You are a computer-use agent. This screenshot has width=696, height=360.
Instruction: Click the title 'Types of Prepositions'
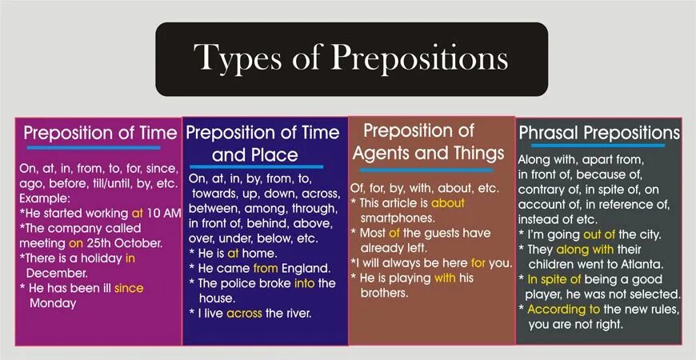tap(350, 58)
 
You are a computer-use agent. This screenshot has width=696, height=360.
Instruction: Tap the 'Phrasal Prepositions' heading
tap(599, 132)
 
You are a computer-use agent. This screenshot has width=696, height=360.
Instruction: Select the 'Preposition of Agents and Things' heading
tap(430, 142)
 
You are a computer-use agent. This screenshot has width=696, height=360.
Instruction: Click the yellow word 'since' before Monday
tap(129, 288)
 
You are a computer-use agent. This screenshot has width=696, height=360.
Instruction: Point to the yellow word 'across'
tap(244, 313)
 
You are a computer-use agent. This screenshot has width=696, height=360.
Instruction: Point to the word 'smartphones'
tap(398, 218)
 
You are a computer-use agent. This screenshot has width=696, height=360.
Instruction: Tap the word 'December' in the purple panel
tap(57, 272)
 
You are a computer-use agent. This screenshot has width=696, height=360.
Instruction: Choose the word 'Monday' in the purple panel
tap(53, 303)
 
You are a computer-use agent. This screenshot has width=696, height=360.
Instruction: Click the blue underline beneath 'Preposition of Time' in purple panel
tap(92, 147)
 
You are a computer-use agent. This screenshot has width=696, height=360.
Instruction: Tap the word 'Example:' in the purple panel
tap(46, 198)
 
